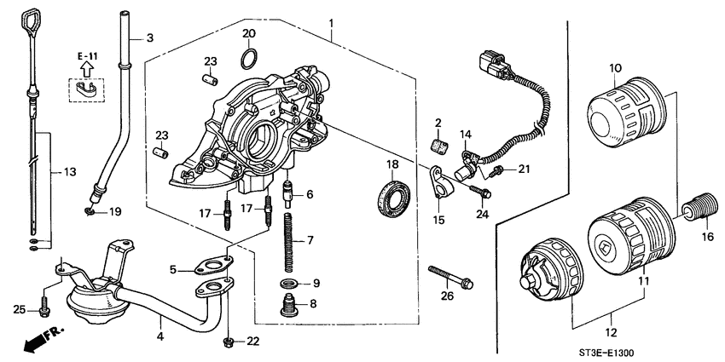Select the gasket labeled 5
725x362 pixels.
click(212, 269)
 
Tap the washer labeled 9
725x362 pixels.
click(288, 282)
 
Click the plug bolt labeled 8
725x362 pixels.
click(288, 303)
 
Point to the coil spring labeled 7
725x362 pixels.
click(288, 241)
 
